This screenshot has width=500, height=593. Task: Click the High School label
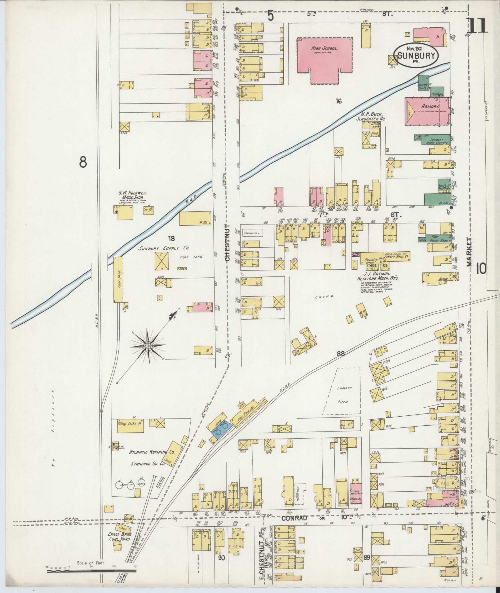click(x=324, y=49)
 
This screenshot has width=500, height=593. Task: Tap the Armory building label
click(x=430, y=106)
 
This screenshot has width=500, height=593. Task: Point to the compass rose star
click(x=148, y=345)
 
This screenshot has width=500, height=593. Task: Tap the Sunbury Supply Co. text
click(x=164, y=248)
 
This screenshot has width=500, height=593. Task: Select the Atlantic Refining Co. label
click(x=152, y=452)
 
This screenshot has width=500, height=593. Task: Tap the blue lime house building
click(x=221, y=430)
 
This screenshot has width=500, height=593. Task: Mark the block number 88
click(x=341, y=353)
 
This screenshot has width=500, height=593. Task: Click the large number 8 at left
click(x=83, y=162)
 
